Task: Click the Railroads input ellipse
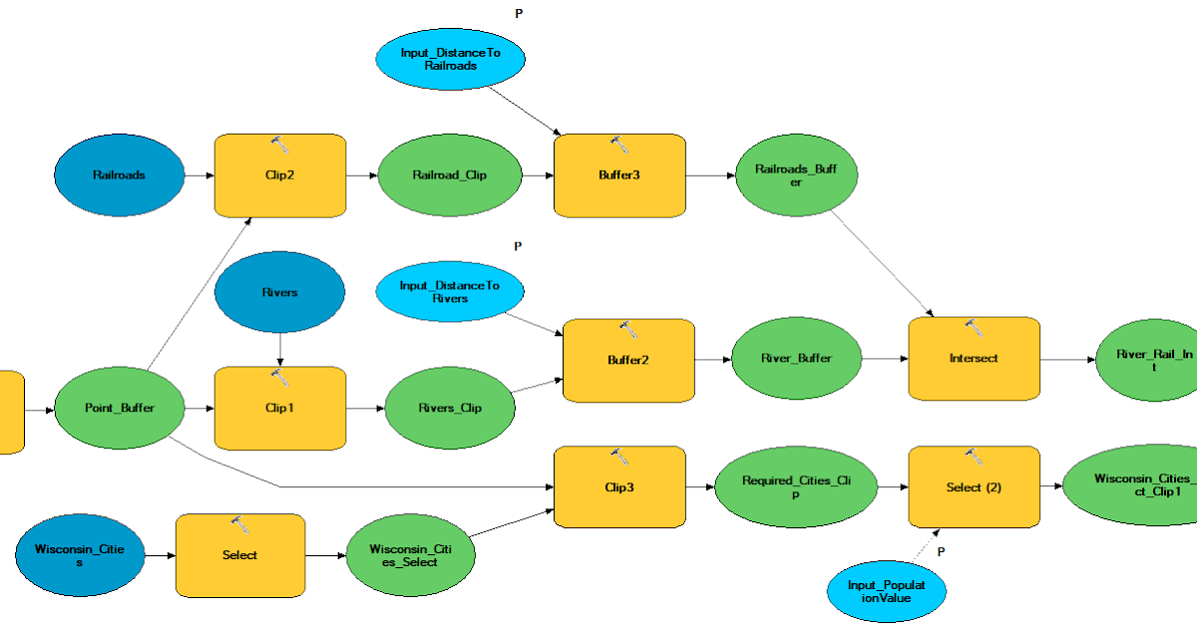click(120, 175)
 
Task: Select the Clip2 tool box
click(280, 175)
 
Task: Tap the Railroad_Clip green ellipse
click(449, 175)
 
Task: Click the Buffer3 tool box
click(619, 175)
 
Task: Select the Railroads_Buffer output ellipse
click(795, 175)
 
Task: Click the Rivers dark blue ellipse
click(280, 293)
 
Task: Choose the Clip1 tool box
click(280, 408)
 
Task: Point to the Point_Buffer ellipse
click(120, 408)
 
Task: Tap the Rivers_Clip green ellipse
click(449, 408)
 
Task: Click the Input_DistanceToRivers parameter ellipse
click(450, 291)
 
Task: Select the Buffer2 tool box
click(628, 360)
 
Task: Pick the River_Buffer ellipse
click(796, 358)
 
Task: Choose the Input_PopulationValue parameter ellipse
click(886, 592)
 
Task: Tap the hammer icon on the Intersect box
click(975, 328)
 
